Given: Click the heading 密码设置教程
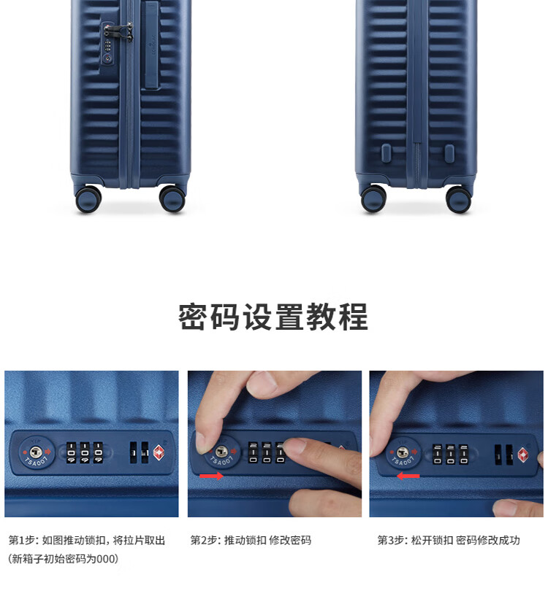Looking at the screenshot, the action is [x=273, y=317].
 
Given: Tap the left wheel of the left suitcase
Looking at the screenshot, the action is [x=88, y=198].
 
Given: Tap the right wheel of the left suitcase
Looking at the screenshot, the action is [x=172, y=198].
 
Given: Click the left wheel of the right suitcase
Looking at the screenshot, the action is [x=373, y=198].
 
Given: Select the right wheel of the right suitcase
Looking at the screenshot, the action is [x=458, y=199].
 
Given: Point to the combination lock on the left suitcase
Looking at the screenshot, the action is [x=108, y=43].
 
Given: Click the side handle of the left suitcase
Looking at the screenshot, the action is [x=151, y=46].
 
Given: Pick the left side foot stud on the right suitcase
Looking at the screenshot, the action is [x=386, y=152].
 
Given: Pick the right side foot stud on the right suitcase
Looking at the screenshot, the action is [x=449, y=152].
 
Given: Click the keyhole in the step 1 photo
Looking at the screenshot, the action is [x=36, y=452].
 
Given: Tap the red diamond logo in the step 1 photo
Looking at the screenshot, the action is [x=159, y=452].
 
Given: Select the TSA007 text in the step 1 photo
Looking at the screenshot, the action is [x=36, y=462].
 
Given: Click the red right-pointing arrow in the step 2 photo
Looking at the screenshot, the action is [x=212, y=476].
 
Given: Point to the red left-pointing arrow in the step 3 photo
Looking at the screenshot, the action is [x=408, y=476].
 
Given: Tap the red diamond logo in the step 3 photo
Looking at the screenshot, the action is [x=523, y=455].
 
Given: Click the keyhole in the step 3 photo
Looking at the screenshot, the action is [x=402, y=452].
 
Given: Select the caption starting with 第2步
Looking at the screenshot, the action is [x=251, y=540].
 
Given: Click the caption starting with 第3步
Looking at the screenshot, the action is [x=449, y=540].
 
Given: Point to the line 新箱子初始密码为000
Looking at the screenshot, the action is [x=63, y=559].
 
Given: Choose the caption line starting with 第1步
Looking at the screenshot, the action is [x=86, y=540].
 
